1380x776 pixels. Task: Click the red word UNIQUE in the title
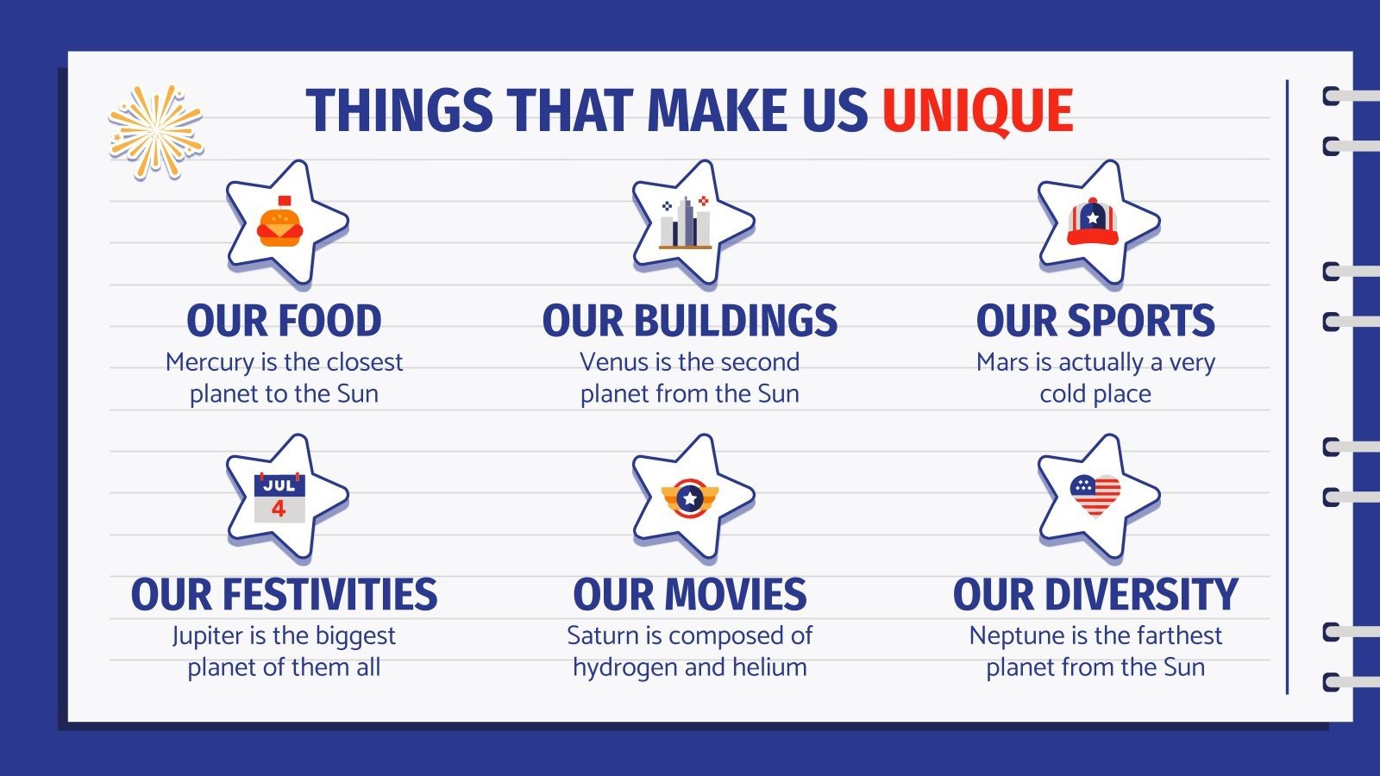(x=977, y=112)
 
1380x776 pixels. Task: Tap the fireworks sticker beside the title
(x=155, y=132)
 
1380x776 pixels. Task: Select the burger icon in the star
(x=280, y=225)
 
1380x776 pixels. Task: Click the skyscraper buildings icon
(x=686, y=224)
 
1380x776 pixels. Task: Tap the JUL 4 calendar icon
(x=279, y=498)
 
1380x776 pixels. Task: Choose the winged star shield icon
(x=689, y=498)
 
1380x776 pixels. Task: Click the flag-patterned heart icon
(x=1095, y=496)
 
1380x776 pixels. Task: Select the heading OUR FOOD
(x=284, y=321)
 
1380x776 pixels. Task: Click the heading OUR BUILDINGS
(x=689, y=321)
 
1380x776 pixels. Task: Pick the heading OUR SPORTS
(x=1095, y=321)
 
